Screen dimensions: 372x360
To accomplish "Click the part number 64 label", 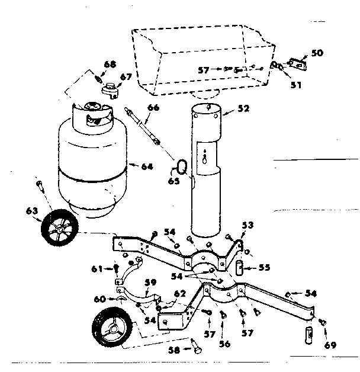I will click(146, 166).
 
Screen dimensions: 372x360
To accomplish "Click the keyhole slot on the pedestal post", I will click(204, 158).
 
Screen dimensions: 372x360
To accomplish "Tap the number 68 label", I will click(111, 64).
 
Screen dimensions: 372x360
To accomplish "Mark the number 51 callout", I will click(295, 84).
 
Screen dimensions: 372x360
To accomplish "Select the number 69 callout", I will click(330, 344).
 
